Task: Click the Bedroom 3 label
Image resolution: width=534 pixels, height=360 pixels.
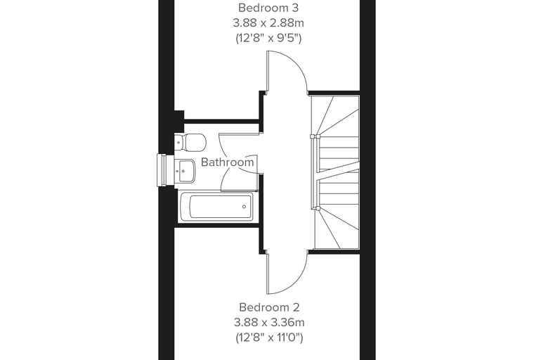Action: [268, 8]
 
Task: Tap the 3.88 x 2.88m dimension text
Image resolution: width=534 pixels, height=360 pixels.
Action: [268, 22]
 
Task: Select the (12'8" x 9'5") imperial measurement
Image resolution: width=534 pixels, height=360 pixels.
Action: [268, 38]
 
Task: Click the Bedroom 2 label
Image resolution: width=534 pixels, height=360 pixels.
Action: [269, 307]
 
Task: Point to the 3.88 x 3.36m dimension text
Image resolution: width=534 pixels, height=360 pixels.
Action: [269, 322]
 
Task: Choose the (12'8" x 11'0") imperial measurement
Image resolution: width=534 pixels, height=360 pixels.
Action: [269, 337]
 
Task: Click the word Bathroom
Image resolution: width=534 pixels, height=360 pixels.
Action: [228, 162]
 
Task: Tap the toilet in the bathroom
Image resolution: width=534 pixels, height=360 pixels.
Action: [190, 142]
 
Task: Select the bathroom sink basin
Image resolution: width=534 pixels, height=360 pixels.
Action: [185, 171]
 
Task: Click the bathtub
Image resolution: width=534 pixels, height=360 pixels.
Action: [216, 207]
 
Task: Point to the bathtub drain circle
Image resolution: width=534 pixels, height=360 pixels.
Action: [245, 207]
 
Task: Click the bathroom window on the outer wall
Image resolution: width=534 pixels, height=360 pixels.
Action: [162, 170]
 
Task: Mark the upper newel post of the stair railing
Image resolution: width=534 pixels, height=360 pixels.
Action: [315, 136]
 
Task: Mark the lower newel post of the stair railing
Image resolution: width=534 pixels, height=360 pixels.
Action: [315, 207]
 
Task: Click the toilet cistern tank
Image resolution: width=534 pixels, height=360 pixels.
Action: [179, 142]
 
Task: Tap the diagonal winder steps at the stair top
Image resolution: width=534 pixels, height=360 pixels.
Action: [336, 116]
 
